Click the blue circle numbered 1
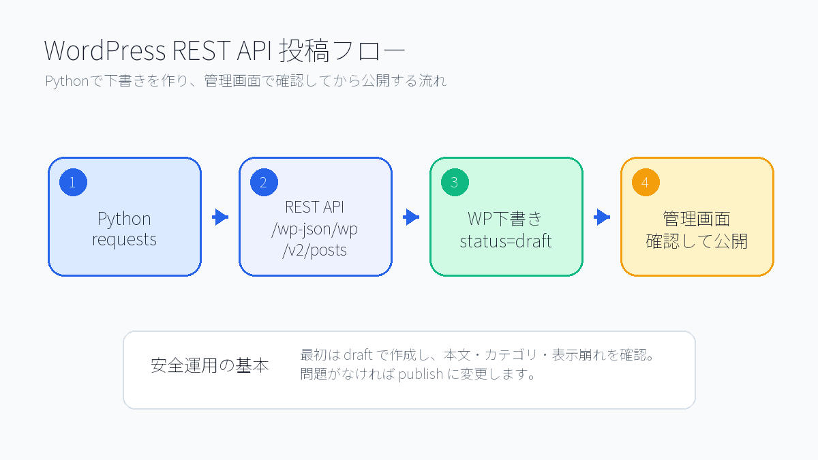(x=73, y=182)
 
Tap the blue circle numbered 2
(x=264, y=182)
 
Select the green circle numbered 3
(x=455, y=182)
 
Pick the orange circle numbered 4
(x=646, y=182)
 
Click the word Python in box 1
(x=124, y=219)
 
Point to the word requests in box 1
(x=124, y=240)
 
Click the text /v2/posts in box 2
(x=315, y=250)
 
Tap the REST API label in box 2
(x=315, y=208)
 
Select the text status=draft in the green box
(x=506, y=241)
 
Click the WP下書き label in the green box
(x=506, y=219)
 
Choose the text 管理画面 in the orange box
(x=697, y=219)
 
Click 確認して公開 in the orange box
(x=697, y=241)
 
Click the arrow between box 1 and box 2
(x=219, y=217)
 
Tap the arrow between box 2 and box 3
(x=410, y=217)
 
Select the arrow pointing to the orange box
(x=601, y=217)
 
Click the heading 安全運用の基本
(x=210, y=365)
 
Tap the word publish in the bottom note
(x=421, y=374)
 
